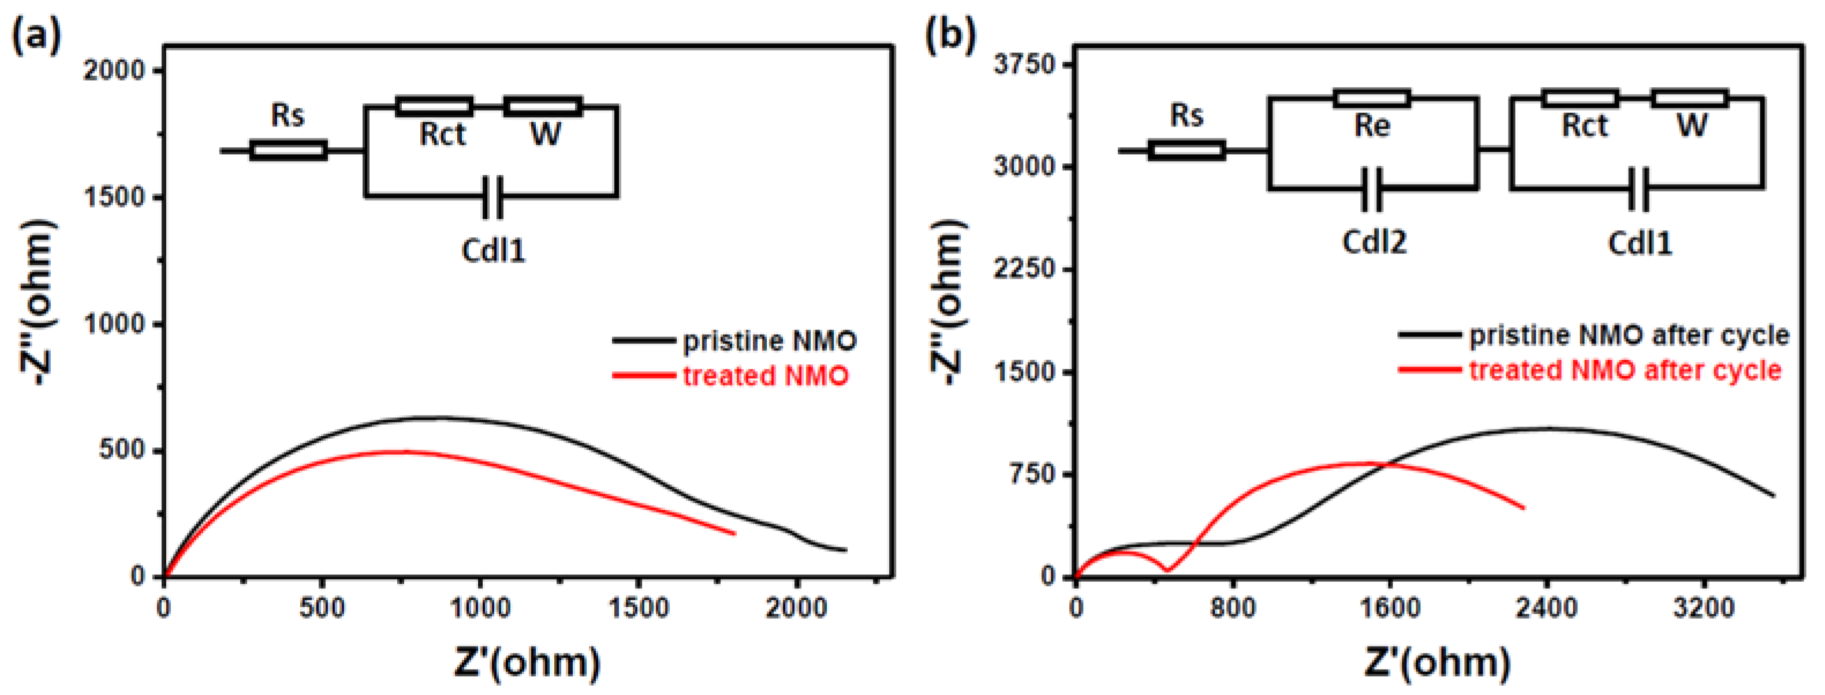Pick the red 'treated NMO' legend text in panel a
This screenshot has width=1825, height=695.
tap(765, 375)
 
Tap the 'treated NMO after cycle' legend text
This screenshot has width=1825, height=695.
tap(1625, 371)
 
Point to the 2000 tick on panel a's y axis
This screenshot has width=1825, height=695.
tap(113, 70)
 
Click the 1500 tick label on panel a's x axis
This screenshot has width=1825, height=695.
tap(639, 608)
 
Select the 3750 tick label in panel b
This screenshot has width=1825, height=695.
tap(1024, 65)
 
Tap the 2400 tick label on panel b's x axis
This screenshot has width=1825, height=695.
tap(1547, 608)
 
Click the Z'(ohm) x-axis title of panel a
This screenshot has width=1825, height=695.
tap(527, 663)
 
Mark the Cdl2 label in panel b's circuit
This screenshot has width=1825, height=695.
tap(1374, 243)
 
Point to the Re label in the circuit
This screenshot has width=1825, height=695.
tap(1372, 126)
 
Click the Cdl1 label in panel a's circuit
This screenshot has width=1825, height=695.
tap(493, 250)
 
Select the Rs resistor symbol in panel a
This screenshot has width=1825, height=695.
tap(288, 150)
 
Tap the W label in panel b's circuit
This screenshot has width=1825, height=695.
tap(1692, 126)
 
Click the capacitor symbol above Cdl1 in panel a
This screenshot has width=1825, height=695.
tap(493, 197)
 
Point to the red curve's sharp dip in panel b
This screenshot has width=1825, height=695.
tap(1167, 569)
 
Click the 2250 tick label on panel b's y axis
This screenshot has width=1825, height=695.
tap(1024, 269)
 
